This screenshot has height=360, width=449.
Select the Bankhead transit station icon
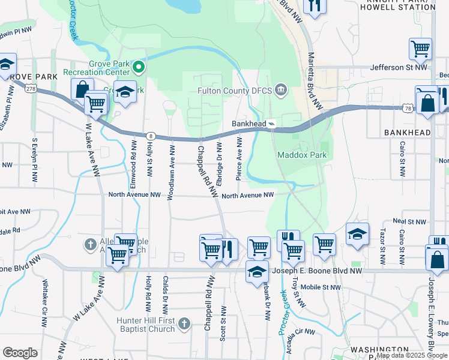[x=272, y=124]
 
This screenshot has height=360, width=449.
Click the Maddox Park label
[x=301, y=155]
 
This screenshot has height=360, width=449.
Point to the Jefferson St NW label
[x=399, y=68]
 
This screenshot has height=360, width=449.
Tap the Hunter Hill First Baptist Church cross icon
[x=184, y=324]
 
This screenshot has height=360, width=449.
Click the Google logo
[x=20, y=353]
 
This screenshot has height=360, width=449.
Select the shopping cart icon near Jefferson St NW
[x=420, y=50]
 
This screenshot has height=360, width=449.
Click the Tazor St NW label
[x=382, y=247]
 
